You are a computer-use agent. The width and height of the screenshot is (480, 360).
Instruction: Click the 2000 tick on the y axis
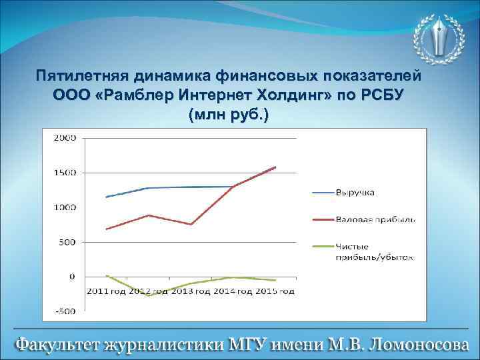[65, 138]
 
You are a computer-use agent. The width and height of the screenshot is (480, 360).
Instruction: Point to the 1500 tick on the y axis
[65, 173]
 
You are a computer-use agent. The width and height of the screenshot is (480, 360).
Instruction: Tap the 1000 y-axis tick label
[65, 207]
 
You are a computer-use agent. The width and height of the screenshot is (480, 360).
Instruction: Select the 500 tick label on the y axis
[67, 242]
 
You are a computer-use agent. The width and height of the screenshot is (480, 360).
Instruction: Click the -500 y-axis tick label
[65, 311]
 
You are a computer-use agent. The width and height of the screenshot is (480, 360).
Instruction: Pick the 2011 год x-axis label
[106, 291]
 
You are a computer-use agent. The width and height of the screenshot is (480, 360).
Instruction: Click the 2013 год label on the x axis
[191, 291]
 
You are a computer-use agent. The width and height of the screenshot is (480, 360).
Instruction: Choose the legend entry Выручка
[355, 193]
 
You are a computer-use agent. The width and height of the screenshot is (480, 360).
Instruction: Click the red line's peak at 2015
[275, 167]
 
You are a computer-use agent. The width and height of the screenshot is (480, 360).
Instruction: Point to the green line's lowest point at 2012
[149, 295]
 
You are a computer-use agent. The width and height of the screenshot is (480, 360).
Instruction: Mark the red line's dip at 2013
[191, 224]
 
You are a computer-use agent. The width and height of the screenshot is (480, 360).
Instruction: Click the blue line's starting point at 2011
[106, 197]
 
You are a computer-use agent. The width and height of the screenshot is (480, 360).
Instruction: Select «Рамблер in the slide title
[134, 94]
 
